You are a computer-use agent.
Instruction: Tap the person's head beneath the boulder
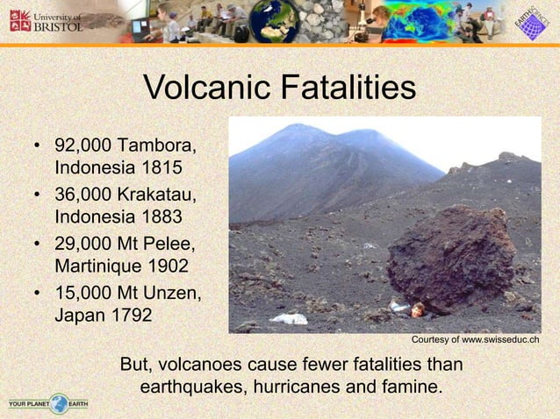coord(416,309)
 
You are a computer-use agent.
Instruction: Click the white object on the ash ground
coord(289,318)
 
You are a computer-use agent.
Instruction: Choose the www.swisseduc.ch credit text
coord(474,339)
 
